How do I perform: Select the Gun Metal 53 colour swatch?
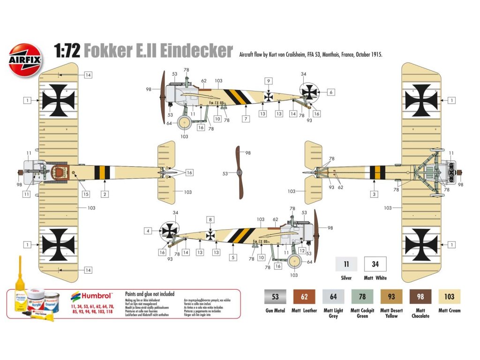pos(275,297)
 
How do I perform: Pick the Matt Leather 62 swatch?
pos(304,297)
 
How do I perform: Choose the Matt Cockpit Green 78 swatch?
pos(362,297)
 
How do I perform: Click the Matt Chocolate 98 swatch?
pos(420,297)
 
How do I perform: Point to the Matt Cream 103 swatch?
pos(450,297)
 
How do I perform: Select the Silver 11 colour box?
pos(346,264)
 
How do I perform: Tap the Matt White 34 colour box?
pos(375,264)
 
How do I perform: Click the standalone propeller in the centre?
pos(240,172)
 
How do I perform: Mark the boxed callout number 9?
pos(268,81)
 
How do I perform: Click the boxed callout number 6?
pos(331,92)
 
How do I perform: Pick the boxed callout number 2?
pos(105,194)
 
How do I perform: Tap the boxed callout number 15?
pos(86,194)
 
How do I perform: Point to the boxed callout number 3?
pos(374,194)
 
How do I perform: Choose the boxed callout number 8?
pos(211,219)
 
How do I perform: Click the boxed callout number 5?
pos(232,257)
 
